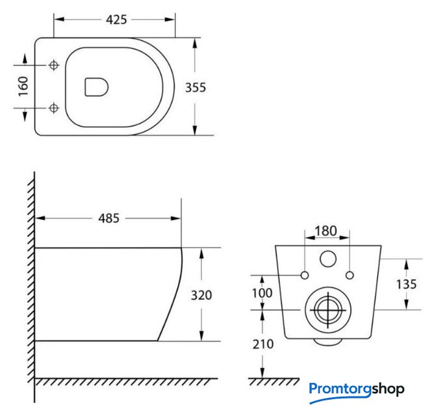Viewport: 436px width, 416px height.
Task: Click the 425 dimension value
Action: click(116, 19)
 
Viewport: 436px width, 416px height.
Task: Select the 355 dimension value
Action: click(196, 88)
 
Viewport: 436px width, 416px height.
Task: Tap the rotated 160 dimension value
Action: click(23, 86)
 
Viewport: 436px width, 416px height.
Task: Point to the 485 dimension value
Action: click(109, 218)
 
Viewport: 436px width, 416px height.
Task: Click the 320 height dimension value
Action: click(201, 295)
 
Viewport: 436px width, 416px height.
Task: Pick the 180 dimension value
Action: click(326, 231)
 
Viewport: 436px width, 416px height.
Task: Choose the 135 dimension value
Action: click(406, 284)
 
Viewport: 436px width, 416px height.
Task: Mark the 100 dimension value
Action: click(262, 293)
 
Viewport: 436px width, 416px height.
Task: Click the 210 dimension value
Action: click(263, 344)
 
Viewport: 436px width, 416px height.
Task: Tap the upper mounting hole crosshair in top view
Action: click(54, 66)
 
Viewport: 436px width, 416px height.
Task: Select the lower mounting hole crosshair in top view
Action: click(54, 108)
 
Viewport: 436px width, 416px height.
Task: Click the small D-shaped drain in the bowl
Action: click(96, 87)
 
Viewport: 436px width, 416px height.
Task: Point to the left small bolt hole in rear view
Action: click(305, 276)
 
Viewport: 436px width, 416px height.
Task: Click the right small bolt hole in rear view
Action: click(350, 276)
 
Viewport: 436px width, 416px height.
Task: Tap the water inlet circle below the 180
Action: click(328, 259)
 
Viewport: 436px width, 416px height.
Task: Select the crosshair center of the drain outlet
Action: click(328, 310)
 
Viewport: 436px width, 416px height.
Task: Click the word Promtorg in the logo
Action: click(340, 389)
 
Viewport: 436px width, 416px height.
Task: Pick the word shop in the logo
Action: click(388, 389)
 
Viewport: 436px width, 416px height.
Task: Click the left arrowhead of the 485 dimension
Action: click(40, 218)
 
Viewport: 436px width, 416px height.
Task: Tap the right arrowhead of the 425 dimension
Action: click(170, 19)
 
